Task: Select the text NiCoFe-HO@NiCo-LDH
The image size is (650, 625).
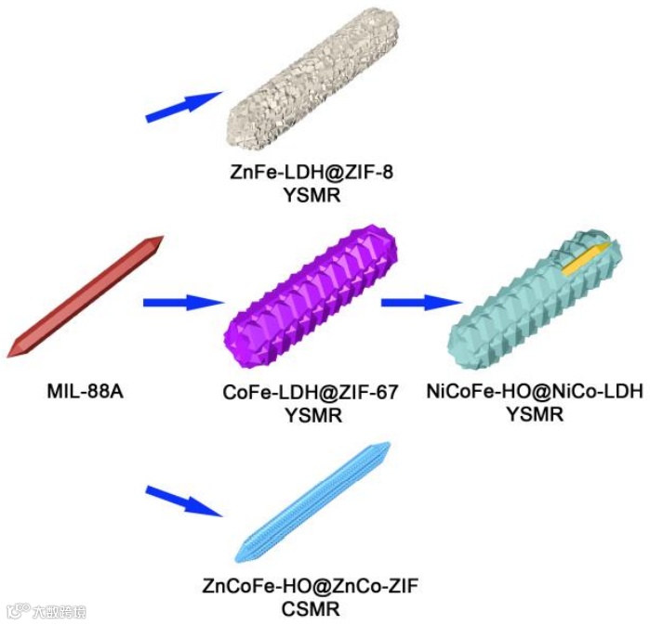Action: pyautogui.click(x=534, y=393)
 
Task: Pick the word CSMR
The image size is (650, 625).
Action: pyautogui.click(x=311, y=608)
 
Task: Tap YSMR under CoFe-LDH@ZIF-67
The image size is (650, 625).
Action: pyautogui.click(x=312, y=415)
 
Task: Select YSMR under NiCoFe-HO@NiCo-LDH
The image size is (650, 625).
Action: pyautogui.click(x=534, y=414)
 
